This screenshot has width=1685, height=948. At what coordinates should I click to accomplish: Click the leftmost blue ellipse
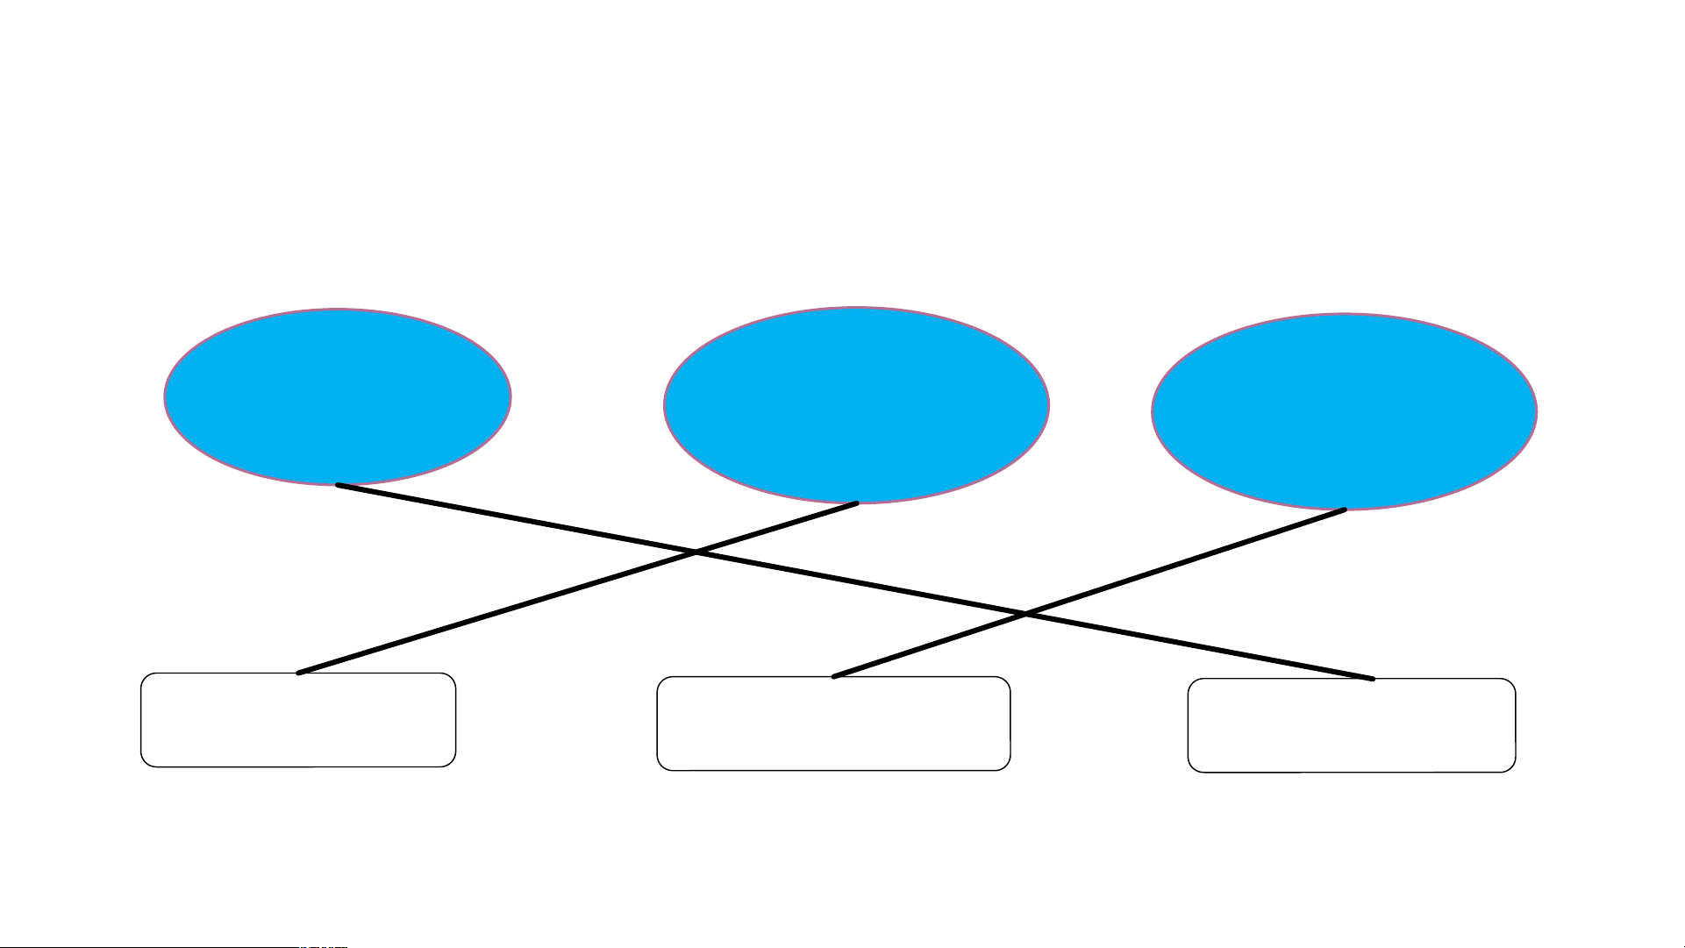338,396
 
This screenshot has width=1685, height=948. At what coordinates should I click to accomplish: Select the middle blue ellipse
856,405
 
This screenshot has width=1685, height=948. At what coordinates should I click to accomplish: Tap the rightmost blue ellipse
1344,411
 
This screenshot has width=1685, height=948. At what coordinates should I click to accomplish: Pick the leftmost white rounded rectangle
298,720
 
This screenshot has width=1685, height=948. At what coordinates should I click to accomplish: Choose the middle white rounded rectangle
833,723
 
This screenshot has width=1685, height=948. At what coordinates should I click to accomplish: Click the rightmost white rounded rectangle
1352,725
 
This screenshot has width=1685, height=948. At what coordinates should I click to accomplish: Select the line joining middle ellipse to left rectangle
491,615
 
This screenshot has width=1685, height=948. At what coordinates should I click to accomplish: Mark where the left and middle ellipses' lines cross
696,552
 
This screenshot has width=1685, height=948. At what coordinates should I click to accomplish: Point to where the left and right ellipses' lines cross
1025,614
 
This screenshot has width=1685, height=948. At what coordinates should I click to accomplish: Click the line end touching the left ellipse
338,485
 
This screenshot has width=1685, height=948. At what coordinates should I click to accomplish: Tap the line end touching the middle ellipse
857,503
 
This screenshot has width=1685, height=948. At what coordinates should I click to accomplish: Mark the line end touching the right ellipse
1345,510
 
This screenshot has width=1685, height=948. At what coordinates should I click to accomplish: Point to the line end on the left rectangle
299,674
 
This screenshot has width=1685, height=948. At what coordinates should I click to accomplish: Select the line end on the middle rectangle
833,677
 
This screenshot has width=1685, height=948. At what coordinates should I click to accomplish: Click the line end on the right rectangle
1373,679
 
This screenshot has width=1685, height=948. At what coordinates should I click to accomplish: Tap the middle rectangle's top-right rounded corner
1005,682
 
